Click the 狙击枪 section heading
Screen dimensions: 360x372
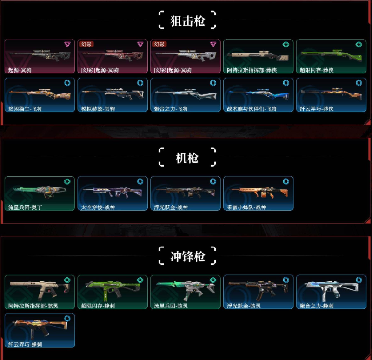coord(187,21)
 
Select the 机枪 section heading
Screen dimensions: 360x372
coord(187,158)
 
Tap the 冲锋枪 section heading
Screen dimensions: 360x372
coord(187,256)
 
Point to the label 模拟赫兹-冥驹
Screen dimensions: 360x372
coord(97,109)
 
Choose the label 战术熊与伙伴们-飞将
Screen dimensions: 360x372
coord(252,109)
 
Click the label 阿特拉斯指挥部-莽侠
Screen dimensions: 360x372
coord(249,70)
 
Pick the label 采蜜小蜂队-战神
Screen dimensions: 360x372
coord(246,207)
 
